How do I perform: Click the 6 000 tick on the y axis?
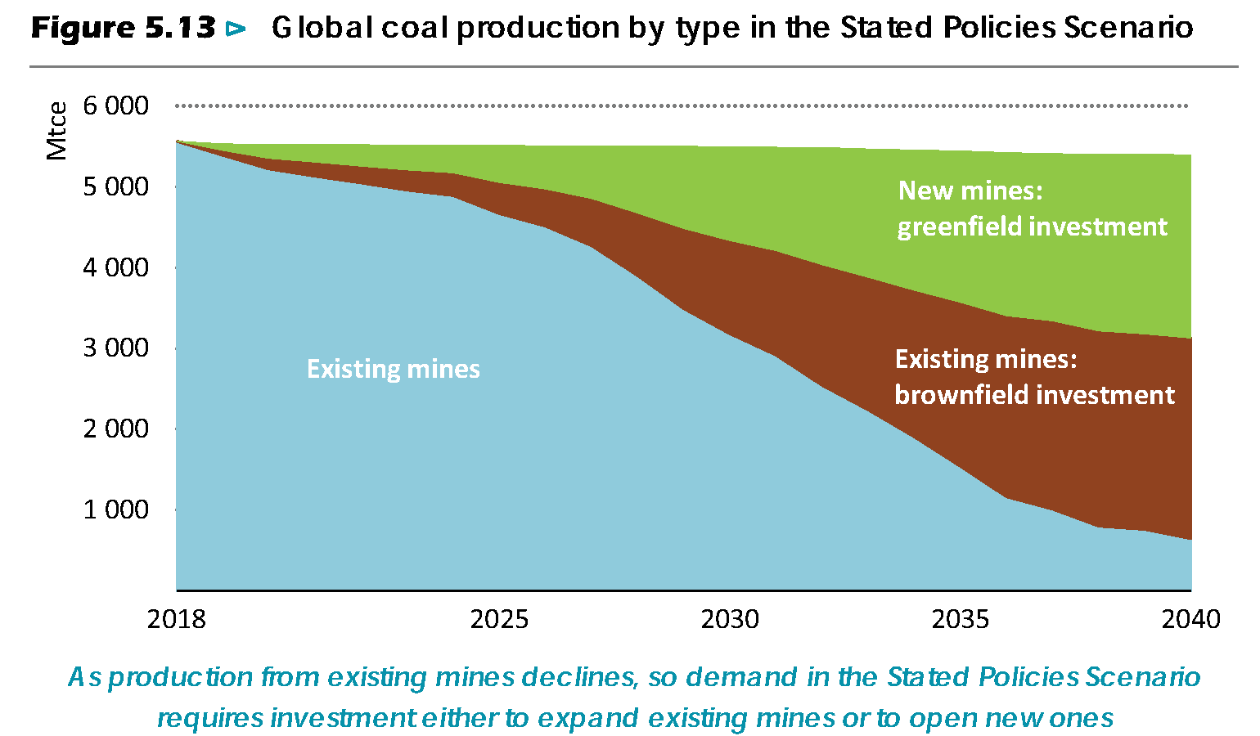click(x=115, y=105)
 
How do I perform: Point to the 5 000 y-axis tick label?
click(x=115, y=186)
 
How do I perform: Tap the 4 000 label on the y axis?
click(x=115, y=267)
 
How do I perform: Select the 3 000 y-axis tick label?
click(x=115, y=348)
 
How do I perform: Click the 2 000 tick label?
click(x=115, y=429)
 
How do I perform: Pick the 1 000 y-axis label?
click(x=115, y=509)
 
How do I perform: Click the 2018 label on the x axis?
click(x=177, y=619)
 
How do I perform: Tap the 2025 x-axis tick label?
click(x=499, y=619)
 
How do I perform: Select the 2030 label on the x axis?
click(x=730, y=619)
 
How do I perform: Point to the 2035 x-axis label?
click(x=961, y=619)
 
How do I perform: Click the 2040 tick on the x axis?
click(x=1190, y=619)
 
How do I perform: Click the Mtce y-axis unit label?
click(x=56, y=131)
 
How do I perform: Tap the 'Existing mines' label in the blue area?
click(x=393, y=369)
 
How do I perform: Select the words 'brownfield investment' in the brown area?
click(x=1034, y=395)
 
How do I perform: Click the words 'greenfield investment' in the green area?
click(x=1032, y=227)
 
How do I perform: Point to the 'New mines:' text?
click(x=970, y=191)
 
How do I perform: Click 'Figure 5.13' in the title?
click(x=123, y=29)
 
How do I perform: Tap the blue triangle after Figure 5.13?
click(x=236, y=29)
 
